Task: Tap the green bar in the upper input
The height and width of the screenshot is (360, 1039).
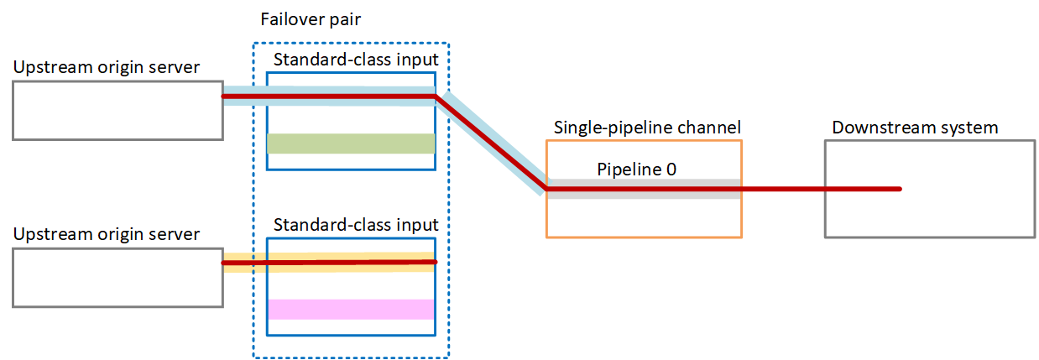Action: click(x=350, y=143)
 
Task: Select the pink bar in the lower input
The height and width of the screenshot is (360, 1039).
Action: click(x=350, y=309)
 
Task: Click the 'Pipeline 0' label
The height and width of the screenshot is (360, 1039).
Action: click(x=636, y=169)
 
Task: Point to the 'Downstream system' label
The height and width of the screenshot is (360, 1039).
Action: click(x=915, y=128)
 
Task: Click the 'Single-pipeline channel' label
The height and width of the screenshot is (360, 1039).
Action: click(x=647, y=128)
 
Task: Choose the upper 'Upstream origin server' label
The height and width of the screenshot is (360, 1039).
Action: click(x=107, y=67)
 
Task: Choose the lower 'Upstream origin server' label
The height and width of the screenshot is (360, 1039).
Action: click(x=107, y=234)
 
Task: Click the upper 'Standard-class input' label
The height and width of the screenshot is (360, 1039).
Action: click(x=356, y=60)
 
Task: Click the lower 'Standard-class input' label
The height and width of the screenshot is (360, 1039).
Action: click(x=356, y=225)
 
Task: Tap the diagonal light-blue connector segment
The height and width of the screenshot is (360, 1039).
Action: click(x=490, y=143)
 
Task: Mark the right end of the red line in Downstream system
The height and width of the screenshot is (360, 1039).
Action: click(x=900, y=189)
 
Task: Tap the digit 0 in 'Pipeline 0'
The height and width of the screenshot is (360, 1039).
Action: click(x=671, y=169)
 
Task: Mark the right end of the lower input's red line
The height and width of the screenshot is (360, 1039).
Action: click(x=436, y=263)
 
